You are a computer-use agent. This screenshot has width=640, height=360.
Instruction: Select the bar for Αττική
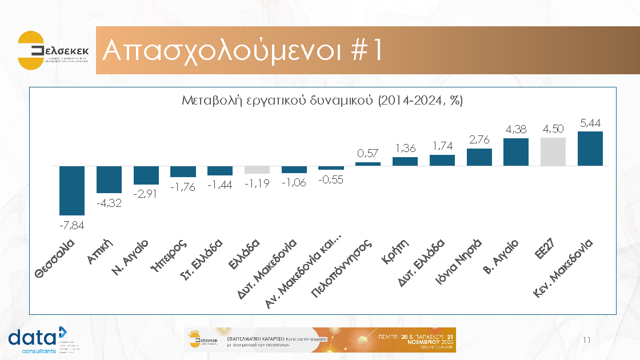109,179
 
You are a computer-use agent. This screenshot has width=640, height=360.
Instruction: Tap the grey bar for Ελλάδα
257,170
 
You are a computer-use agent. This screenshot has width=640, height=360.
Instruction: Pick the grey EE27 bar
553,151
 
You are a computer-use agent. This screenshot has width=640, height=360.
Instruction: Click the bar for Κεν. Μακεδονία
590,149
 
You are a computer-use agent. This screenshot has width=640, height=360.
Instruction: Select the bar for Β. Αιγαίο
516,152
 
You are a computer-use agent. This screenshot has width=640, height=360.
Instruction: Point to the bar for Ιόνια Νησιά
479,157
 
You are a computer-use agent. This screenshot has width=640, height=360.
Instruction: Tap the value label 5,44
590,123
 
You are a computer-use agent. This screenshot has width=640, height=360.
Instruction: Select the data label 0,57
368,153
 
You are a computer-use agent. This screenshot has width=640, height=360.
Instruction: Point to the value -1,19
257,183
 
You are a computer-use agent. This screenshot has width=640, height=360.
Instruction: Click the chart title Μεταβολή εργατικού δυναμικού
322,101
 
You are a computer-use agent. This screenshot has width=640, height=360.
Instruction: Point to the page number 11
586,341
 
